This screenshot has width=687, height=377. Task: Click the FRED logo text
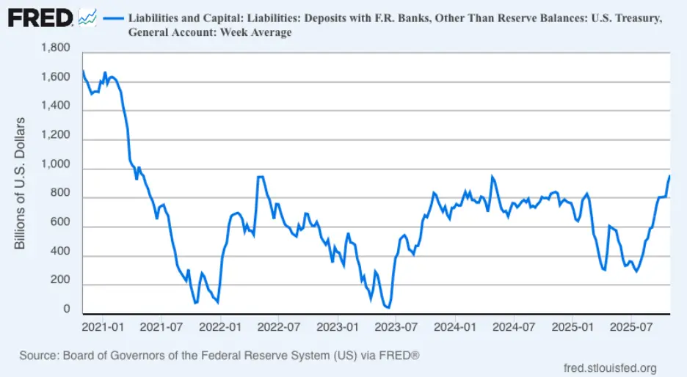click(38, 17)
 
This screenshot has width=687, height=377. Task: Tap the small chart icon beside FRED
click(87, 17)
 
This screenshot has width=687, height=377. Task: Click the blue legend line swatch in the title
click(113, 17)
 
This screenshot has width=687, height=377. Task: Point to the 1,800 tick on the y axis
click(56, 48)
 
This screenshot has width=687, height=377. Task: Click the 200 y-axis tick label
click(61, 281)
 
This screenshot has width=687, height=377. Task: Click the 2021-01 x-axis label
click(103, 325)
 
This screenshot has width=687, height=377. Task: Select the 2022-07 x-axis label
click(279, 325)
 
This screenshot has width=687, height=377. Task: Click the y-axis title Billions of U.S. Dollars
click(21, 182)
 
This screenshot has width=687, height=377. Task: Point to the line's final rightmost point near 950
click(669, 175)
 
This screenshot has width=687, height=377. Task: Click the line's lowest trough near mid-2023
click(388, 308)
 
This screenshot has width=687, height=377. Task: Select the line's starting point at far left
click(82, 70)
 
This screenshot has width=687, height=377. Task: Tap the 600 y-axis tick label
click(61, 224)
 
